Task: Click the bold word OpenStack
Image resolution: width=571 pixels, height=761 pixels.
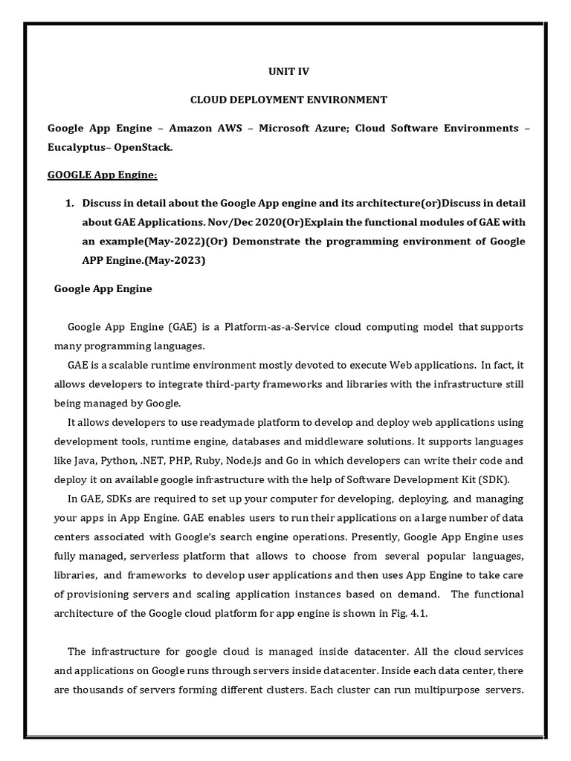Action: tap(143, 148)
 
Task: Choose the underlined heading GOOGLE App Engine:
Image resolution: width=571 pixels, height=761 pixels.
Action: tap(103, 175)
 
